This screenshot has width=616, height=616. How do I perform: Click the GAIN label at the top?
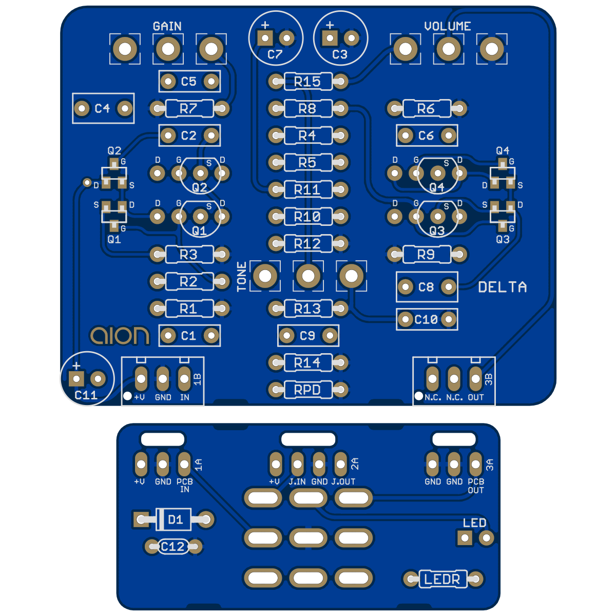click(x=167, y=26)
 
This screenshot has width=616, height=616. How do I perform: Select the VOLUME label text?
click(x=448, y=26)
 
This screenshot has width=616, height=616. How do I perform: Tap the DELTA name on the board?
click(x=503, y=287)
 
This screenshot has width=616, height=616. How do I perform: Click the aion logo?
click(x=120, y=336)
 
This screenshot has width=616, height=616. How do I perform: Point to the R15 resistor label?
click(x=307, y=81)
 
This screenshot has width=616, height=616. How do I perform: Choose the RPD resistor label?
click(x=307, y=390)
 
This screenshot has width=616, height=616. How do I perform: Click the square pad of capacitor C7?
click(x=265, y=38)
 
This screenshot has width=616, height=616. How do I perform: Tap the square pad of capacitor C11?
click(x=76, y=379)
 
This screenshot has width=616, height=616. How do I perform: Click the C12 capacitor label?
click(x=172, y=547)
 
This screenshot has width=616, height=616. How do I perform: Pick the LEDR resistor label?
click(x=442, y=580)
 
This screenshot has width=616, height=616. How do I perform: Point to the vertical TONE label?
click(x=242, y=277)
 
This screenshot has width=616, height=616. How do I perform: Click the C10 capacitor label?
click(x=426, y=320)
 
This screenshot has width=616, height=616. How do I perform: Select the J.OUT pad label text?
click(x=343, y=482)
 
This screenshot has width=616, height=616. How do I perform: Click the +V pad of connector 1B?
click(x=141, y=379)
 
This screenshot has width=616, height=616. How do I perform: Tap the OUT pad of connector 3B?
click(x=475, y=379)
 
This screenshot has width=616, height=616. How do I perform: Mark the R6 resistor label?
click(x=426, y=108)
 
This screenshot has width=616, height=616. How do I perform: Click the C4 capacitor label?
click(x=102, y=108)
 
